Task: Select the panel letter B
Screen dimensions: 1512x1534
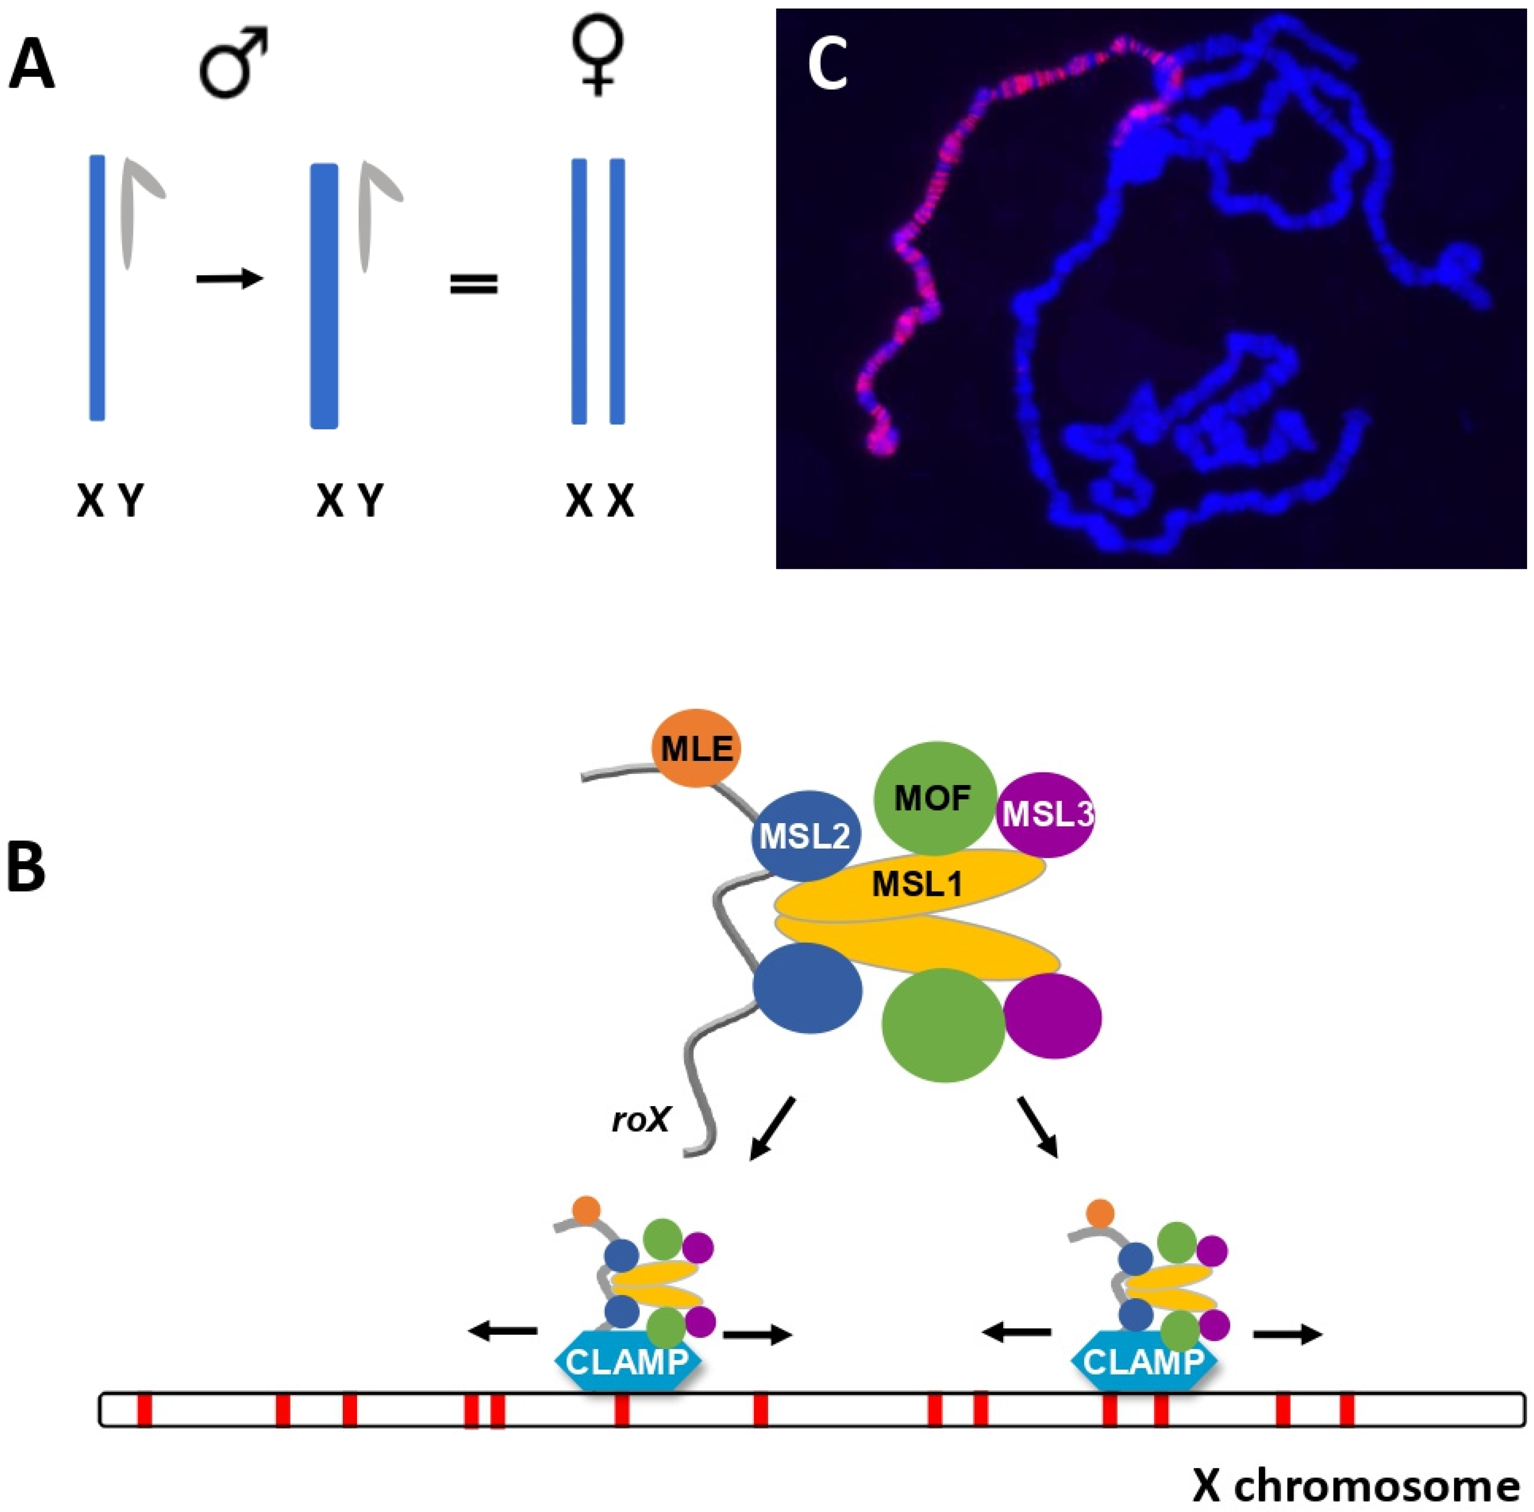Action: point(26,868)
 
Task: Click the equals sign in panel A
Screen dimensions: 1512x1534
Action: point(474,283)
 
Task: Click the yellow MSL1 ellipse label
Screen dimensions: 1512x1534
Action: point(917,883)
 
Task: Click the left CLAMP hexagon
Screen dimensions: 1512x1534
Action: point(627,1362)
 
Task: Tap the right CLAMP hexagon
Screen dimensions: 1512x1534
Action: point(1143,1362)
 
